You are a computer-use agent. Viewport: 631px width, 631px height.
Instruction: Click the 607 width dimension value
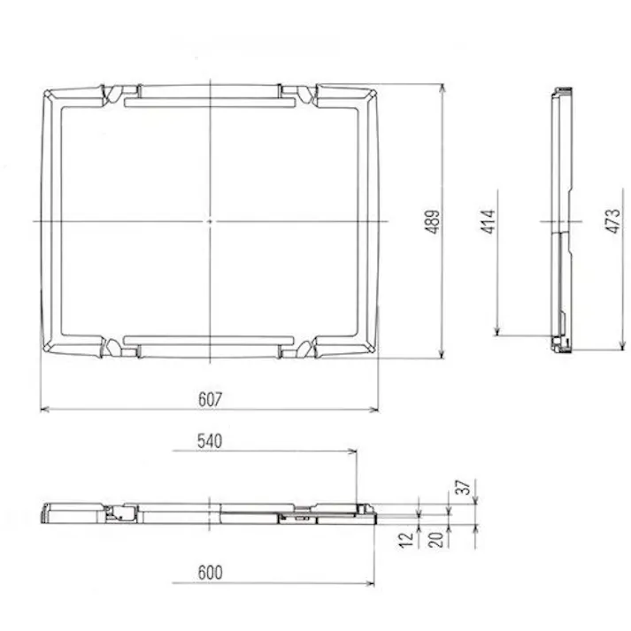209,399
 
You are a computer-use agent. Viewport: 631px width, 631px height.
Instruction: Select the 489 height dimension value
432,221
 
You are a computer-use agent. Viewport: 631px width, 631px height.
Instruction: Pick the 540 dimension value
210,440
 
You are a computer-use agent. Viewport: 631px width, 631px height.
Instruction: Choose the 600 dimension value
210,573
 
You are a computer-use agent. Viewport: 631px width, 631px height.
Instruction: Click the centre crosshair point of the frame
209,221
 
